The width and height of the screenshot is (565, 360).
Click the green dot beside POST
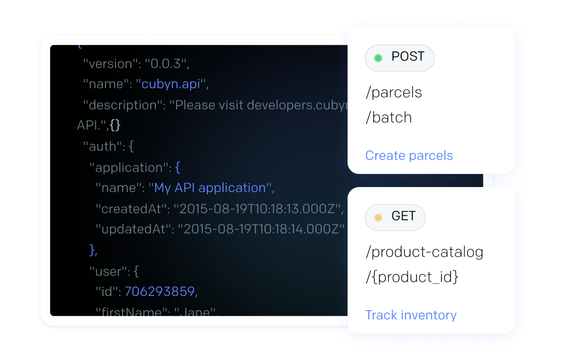[x=378, y=58]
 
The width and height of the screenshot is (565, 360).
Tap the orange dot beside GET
[x=378, y=218]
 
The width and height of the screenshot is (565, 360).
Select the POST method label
[x=408, y=57]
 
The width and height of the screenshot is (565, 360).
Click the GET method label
[x=403, y=217]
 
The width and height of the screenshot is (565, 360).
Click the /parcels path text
[x=393, y=93]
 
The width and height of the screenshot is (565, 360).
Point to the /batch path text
[x=388, y=117]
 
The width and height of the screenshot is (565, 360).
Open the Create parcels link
[x=409, y=155]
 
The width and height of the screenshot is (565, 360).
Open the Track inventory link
[x=411, y=315]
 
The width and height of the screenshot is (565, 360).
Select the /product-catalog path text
[x=424, y=252]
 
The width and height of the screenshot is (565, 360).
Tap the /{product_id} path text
[x=412, y=277]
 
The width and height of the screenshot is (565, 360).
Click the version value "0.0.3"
[x=166, y=64]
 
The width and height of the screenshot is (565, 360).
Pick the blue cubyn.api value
[x=171, y=84]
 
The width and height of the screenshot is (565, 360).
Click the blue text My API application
[x=210, y=188]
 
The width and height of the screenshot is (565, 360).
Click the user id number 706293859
[x=159, y=292]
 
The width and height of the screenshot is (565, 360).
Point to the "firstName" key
[x=131, y=312]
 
